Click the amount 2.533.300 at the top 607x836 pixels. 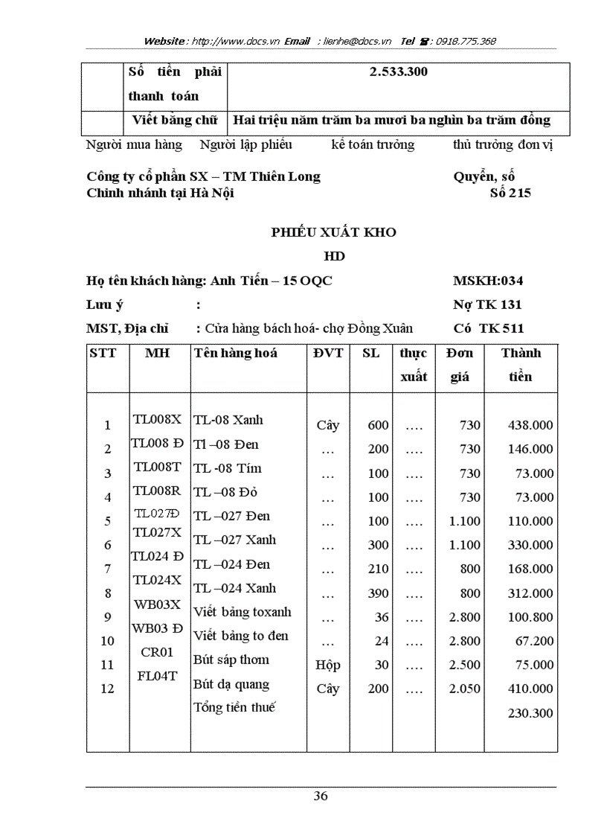point(398,73)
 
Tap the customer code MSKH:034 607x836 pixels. point(487,281)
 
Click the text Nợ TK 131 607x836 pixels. point(487,304)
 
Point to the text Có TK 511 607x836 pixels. point(488,328)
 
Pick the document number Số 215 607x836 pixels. point(510,194)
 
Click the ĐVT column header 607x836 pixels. point(328,353)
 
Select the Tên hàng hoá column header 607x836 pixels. point(235,353)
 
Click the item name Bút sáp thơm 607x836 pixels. point(231,660)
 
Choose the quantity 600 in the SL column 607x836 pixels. point(378,425)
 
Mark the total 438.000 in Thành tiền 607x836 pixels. point(530,425)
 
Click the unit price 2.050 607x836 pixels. point(465,689)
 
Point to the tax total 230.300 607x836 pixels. point(530,713)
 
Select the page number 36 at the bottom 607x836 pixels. point(321,796)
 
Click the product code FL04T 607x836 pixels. point(157,676)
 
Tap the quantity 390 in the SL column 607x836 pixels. point(378,593)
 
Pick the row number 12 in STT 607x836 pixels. point(107,689)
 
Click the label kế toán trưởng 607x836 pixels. point(373,144)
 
